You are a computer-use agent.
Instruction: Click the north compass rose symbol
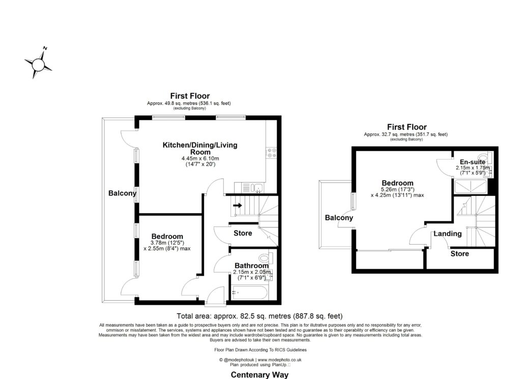point(38,64)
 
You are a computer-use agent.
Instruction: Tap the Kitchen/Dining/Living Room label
point(199,149)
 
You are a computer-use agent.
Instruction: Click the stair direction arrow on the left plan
point(237,206)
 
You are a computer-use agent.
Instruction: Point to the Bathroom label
point(251,266)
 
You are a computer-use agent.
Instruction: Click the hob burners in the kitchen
point(271,151)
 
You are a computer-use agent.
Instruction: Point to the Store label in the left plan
point(243,234)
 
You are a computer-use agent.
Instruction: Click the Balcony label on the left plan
point(122,193)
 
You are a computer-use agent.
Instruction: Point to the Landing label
point(447,234)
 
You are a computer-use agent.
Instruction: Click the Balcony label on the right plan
point(339,218)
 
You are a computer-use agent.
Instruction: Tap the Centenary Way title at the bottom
point(259,375)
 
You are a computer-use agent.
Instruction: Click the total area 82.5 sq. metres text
point(259,315)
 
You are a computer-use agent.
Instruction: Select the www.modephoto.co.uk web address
point(277,360)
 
